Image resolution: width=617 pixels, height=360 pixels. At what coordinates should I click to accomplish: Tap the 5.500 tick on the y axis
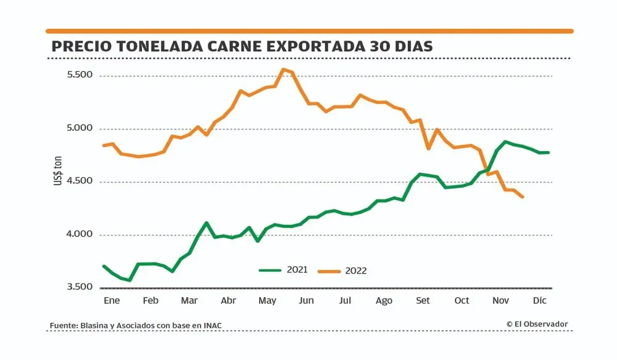pyautogui.click(x=79, y=75)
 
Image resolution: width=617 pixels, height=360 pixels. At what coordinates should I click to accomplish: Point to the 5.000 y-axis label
pyautogui.click(x=79, y=128)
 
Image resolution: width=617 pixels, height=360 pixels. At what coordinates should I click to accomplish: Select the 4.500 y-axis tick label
pyautogui.click(x=79, y=182)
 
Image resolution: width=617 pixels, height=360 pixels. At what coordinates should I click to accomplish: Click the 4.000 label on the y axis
pyautogui.click(x=79, y=235)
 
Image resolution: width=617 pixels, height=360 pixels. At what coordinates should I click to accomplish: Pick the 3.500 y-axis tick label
pyautogui.click(x=79, y=287)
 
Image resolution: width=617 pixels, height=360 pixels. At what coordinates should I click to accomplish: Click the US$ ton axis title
pyautogui.click(x=58, y=170)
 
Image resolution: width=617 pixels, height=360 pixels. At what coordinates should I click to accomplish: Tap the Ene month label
pyautogui.click(x=111, y=301)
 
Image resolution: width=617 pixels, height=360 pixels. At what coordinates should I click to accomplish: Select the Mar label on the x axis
pyautogui.click(x=189, y=301)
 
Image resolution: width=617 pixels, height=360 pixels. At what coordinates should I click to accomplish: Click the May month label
pyautogui.click(x=267, y=301)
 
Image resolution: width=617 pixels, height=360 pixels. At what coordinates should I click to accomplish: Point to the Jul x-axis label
pyautogui.click(x=345, y=301)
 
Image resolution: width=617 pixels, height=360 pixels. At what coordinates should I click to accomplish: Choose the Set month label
pyautogui.click(x=423, y=301)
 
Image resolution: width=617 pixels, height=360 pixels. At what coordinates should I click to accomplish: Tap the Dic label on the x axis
pyautogui.click(x=539, y=301)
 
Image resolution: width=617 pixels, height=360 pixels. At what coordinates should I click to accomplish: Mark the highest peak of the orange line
pyautogui.click(x=283, y=69)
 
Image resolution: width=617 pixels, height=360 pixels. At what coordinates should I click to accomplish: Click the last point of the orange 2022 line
pyautogui.click(x=523, y=197)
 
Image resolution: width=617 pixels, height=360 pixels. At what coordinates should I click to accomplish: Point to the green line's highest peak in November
pyautogui.click(x=506, y=142)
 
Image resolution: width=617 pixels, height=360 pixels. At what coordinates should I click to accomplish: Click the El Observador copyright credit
pyautogui.click(x=537, y=324)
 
